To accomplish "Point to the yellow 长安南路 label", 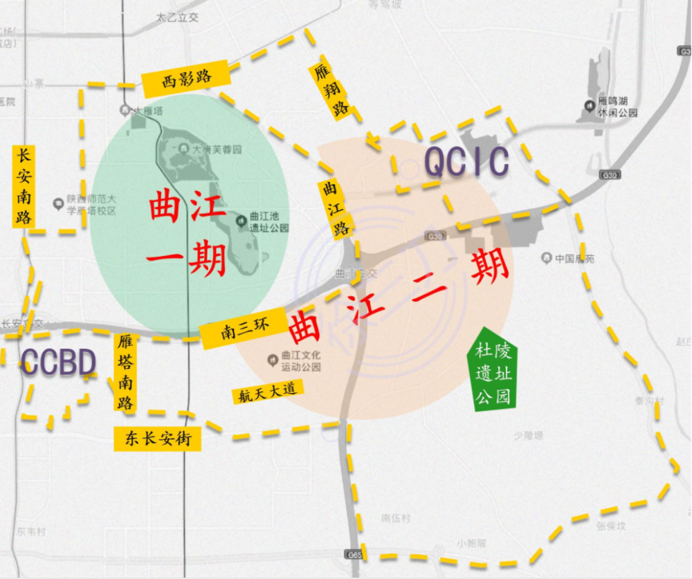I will point(23,186).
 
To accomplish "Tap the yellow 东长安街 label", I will point(157,438).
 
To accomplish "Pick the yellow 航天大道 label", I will point(267,392).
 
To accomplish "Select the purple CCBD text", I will point(58,362).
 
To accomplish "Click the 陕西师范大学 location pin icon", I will point(59,203).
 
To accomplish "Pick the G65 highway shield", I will point(354,555).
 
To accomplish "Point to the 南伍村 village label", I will point(395,518).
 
